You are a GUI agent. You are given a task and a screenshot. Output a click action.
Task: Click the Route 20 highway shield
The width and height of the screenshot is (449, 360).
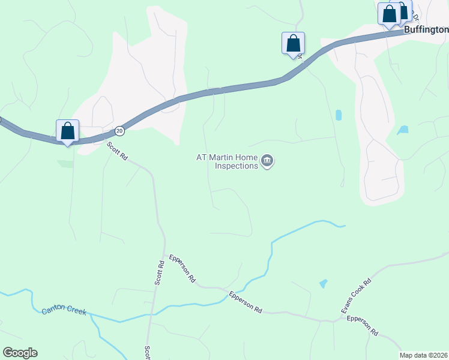point(119,130)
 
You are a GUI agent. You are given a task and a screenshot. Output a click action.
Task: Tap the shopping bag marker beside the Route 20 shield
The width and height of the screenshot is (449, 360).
point(67,131)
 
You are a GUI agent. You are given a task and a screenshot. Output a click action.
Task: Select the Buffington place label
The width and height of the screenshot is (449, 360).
point(426,29)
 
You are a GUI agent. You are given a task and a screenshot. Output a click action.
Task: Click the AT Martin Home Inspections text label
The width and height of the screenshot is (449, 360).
point(227,161)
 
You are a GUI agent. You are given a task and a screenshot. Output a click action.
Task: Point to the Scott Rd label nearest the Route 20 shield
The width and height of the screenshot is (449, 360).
point(118,151)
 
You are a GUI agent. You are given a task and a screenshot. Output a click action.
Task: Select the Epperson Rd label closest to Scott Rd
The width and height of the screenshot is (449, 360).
point(182,268)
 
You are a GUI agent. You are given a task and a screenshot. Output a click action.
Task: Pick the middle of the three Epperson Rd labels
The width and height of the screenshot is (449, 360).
point(246,302)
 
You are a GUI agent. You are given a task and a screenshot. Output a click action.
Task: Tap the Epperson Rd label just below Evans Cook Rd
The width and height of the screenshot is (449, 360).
point(363,326)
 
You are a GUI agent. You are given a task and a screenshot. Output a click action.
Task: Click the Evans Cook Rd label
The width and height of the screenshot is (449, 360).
point(357,296)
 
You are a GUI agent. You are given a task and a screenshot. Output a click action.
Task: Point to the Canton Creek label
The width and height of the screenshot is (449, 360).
point(64,311)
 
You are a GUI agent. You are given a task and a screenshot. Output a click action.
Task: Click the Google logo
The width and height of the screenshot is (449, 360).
point(20,353)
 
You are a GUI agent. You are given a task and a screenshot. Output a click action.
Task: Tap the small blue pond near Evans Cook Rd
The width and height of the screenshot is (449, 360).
point(324,283)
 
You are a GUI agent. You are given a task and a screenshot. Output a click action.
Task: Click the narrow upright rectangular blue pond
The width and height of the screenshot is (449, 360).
point(339,115)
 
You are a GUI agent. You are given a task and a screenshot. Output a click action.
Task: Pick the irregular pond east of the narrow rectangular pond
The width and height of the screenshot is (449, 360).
point(403,129)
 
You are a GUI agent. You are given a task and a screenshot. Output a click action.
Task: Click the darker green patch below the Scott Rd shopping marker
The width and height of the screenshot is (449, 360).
point(65,163)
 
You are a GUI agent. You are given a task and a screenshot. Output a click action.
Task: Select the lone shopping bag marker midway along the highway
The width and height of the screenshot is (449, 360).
point(293,44)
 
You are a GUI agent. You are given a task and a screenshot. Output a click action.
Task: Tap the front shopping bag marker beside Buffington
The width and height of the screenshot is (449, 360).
point(389,14)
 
